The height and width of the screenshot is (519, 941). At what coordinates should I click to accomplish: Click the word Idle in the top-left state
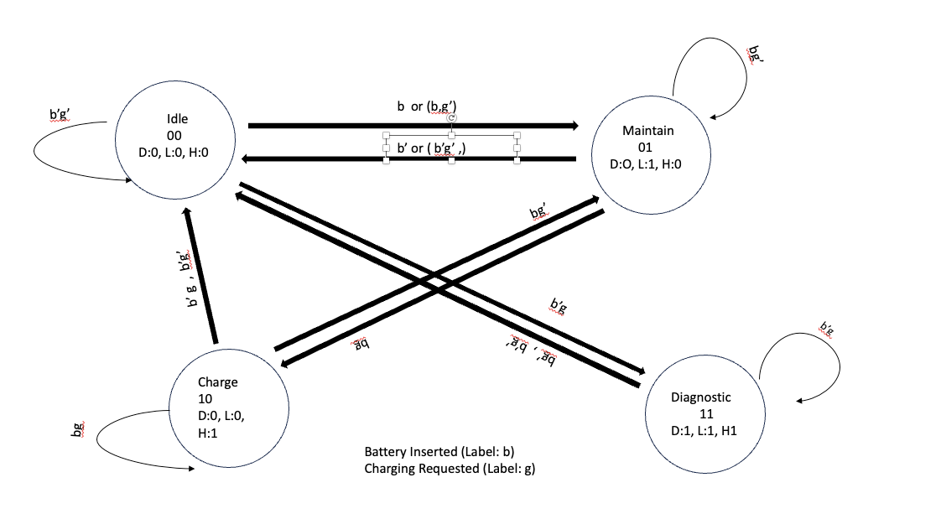coord(177,119)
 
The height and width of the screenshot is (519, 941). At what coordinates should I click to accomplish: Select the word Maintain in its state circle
coord(647,131)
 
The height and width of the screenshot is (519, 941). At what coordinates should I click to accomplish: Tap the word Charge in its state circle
coord(217,382)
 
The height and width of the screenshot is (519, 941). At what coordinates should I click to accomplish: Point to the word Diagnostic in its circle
coord(700,397)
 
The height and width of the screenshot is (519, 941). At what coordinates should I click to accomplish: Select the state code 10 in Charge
coord(205,398)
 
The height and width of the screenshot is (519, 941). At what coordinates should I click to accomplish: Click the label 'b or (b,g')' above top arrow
coord(427,106)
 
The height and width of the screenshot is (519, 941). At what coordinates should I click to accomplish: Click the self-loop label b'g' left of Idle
coord(65,115)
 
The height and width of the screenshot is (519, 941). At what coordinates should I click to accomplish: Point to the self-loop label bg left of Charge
coord(77,430)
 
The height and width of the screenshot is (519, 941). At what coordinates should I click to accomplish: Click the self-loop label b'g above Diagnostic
coord(826,328)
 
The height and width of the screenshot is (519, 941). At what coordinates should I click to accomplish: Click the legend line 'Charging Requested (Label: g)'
coord(449,469)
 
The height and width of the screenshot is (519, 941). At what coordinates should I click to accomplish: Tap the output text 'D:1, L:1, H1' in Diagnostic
coord(703,430)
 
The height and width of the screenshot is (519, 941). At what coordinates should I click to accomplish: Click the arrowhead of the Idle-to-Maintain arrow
coord(574,126)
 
